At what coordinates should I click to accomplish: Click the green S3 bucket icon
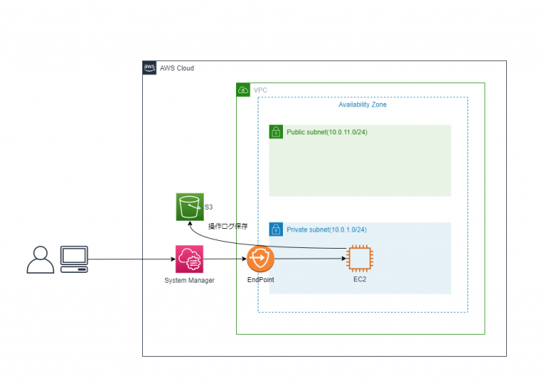[190, 207]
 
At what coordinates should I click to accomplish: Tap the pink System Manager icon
[190, 259]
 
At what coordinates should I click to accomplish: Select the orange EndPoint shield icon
[261, 259]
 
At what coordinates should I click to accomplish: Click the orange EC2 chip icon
[360, 259]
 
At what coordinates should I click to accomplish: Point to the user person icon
[40, 260]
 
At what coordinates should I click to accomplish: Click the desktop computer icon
[74, 259]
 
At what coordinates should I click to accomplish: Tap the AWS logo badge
[149, 68]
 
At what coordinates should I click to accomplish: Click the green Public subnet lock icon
[277, 132]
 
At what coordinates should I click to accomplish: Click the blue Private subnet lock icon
[277, 230]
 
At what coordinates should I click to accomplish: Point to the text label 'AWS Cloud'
[177, 68]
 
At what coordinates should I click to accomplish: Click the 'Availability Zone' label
[363, 104]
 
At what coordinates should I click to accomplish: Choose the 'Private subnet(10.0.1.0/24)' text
[326, 230]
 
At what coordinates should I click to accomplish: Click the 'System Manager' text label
[190, 281]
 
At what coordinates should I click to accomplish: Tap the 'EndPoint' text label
[261, 280]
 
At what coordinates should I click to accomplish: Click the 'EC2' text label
[360, 280]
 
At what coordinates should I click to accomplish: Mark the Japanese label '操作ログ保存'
[227, 227]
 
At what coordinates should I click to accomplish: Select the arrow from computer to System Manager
[132, 259]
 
